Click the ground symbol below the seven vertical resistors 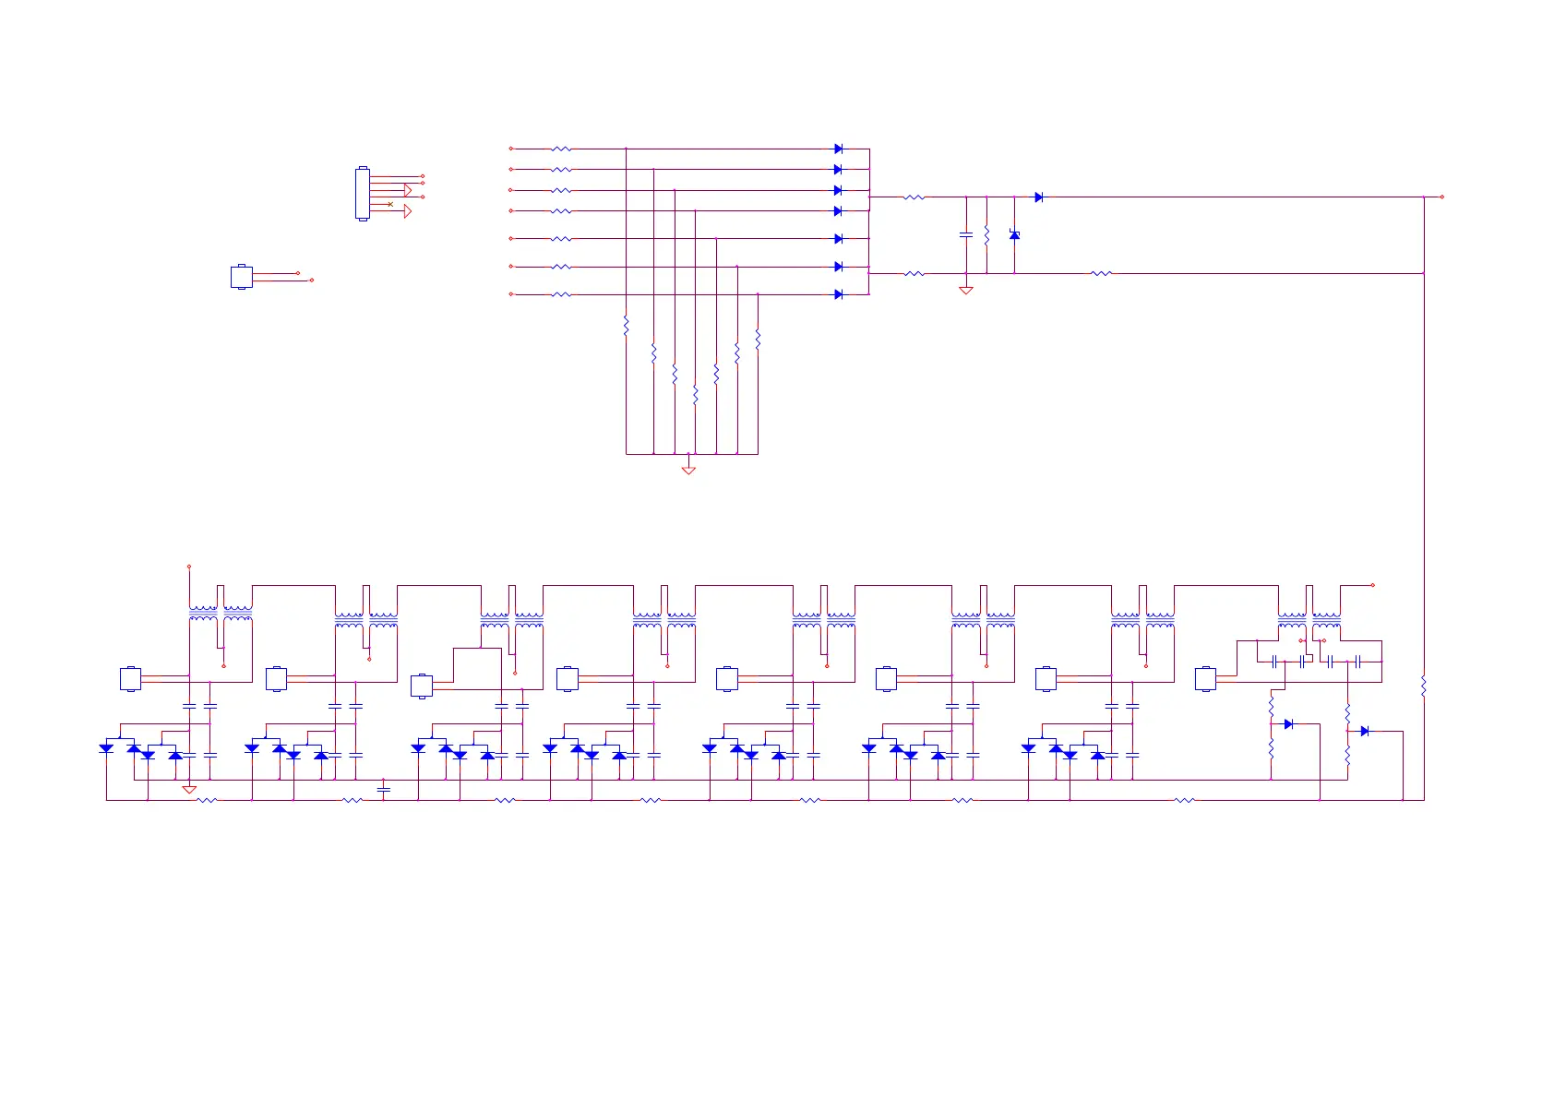click(x=688, y=470)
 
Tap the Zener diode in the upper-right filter click(x=1014, y=235)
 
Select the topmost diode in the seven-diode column click(x=838, y=149)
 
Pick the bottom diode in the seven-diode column click(x=838, y=294)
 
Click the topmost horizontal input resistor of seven click(x=561, y=149)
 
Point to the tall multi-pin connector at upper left click(x=362, y=194)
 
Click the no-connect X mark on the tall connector click(x=390, y=204)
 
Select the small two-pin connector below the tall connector click(x=241, y=277)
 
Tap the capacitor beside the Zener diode click(x=966, y=235)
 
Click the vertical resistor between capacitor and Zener click(x=986, y=235)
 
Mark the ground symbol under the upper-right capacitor click(x=966, y=291)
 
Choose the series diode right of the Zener click(x=1038, y=197)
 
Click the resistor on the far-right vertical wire click(x=1424, y=686)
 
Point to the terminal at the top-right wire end click(x=1441, y=197)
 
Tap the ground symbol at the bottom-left click(x=189, y=790)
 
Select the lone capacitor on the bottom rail click(x=384, y=790)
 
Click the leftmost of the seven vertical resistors click(x=626, y=325)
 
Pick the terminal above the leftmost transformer click(x=189, y=567)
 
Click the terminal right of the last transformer click(x=1372, y=585)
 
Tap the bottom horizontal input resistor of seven click(x=561, y=294)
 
